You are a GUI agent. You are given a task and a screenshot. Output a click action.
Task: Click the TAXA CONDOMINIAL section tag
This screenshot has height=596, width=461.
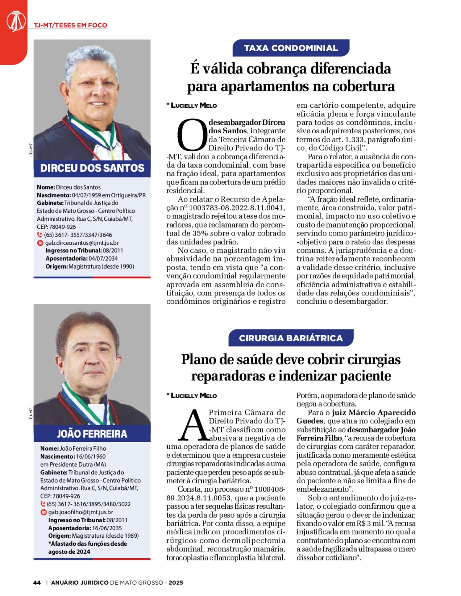(291, 48)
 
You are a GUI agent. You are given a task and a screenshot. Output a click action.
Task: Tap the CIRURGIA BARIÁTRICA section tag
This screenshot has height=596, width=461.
(291, 338)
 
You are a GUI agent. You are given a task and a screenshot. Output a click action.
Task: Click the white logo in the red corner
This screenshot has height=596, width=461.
(16, 21)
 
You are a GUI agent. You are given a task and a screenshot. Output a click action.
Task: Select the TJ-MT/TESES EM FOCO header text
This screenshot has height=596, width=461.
(70, 25)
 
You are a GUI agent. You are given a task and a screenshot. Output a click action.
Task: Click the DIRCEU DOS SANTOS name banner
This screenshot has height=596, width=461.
(92, 168)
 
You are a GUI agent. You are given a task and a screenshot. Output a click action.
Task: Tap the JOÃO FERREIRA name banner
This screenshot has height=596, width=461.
(92, 433)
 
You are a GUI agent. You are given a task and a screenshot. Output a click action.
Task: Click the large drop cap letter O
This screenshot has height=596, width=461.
(192, 135)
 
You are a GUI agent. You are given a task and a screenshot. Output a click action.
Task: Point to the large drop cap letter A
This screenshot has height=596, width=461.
(193, 425)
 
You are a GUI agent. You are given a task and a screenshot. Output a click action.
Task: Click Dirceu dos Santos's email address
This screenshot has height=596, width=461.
(82, 243)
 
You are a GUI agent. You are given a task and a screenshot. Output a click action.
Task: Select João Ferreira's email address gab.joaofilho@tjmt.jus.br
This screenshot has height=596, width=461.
(80, 512)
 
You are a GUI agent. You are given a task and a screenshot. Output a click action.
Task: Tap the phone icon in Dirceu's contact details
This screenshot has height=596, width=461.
(40, 235)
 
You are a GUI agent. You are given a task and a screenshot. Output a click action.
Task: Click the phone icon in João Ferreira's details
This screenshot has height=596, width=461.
(43, 504)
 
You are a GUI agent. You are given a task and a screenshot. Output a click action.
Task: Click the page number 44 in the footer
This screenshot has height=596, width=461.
(37, 583)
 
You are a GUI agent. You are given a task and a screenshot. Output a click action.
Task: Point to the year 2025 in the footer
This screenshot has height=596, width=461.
(176, 583)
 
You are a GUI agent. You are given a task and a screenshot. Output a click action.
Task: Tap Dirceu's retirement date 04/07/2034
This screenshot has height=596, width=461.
(103, 259)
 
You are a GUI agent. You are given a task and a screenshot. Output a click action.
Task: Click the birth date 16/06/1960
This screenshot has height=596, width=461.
(91, 456)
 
